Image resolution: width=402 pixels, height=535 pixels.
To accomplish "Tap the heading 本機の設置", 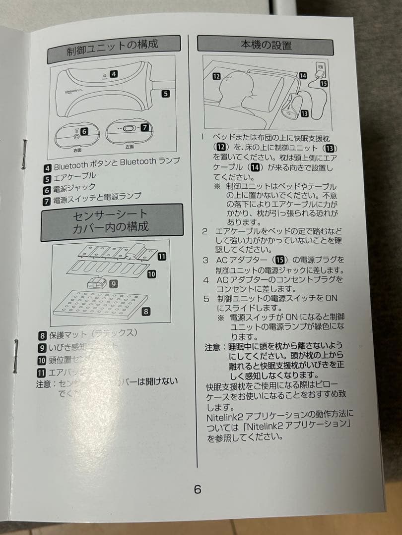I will [x=266, y=44].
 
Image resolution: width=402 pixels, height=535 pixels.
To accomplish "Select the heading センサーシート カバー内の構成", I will [x=111, y=221].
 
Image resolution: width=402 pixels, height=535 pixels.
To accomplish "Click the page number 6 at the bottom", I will [x=198, y=489].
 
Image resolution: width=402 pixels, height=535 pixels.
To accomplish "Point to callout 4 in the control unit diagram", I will [x=114, y=74].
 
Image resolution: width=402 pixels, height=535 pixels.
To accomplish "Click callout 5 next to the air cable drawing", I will [x=166, y=93].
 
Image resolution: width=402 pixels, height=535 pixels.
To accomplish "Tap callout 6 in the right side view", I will [x=84, y=131].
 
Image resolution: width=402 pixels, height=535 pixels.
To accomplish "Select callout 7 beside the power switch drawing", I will [x=144, y=127].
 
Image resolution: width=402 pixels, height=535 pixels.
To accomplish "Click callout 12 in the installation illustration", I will [x=216, y=76].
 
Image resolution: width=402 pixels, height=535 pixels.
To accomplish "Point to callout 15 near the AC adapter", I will [x=324, y=84].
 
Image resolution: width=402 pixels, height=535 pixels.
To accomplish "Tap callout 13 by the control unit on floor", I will [x=304, y=113].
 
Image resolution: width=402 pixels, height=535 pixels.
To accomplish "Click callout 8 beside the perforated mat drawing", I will [x=145, y=312].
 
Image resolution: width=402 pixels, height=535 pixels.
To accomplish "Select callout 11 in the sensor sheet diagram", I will [x=161, y=256].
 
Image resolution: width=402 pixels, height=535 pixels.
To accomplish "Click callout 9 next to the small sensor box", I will [x=114, y=284].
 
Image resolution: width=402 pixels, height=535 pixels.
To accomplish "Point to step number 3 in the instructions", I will [x=205, y=260].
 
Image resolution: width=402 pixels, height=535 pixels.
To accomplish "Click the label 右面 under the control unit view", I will [x=77, y=149].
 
